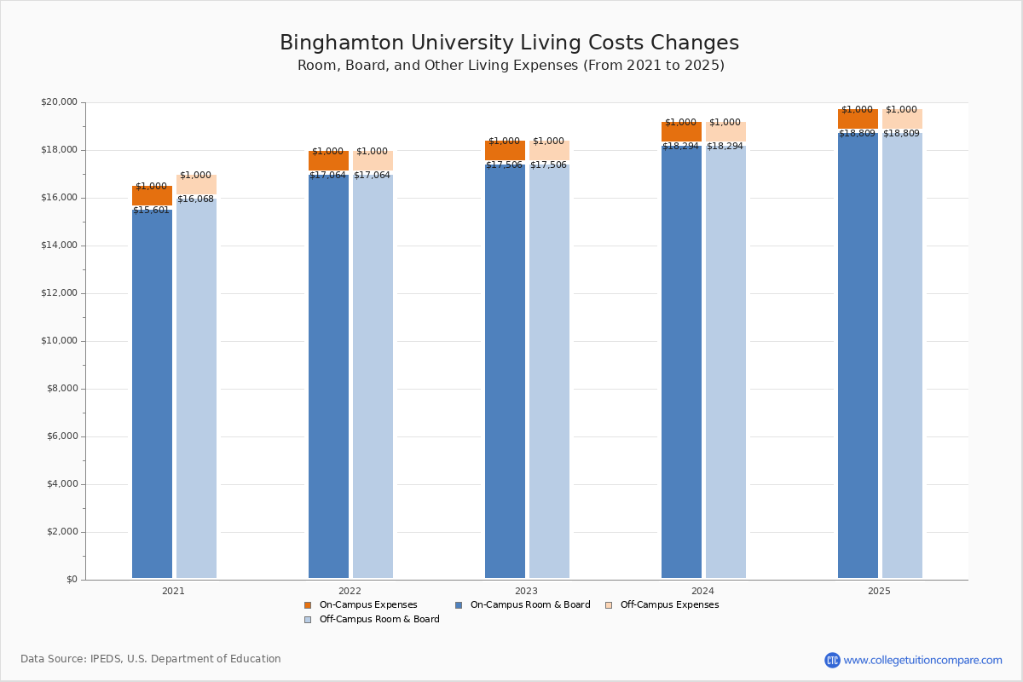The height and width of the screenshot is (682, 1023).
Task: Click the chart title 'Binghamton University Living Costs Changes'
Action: (509, 43)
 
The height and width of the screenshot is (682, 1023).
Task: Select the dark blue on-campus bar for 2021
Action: (152, 392)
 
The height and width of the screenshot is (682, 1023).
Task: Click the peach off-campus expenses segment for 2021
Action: (196, 184)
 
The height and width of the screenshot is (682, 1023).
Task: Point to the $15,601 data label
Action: (151, 211)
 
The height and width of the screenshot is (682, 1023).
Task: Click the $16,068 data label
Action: (195, 199)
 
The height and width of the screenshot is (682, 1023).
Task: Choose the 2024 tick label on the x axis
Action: (702, 591)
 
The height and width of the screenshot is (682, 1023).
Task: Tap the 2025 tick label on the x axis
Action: (879, 591)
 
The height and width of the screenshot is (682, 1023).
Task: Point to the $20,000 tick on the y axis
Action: (59, 102)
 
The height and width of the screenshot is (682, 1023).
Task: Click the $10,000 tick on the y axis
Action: (59, 341)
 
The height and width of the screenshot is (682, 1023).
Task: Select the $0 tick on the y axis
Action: (71, 580)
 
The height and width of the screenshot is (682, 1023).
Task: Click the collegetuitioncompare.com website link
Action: (922, 660)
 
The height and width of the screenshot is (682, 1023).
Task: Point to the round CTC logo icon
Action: (832, 660)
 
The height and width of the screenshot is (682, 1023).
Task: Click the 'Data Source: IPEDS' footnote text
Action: (151, 659)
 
